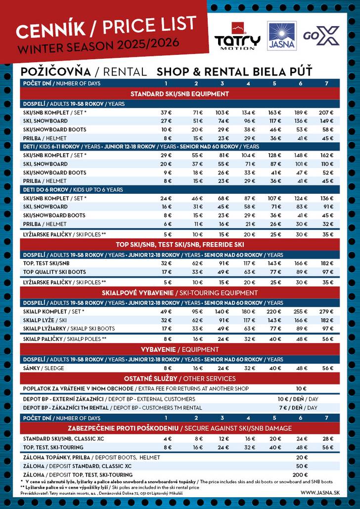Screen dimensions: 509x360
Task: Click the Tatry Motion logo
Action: pyautogui.click(x=237, y=36)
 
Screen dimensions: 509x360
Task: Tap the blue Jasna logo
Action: pyautogui.click(x=281, y=36)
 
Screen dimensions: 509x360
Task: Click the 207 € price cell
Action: pyautogui.click(x=326, y=113)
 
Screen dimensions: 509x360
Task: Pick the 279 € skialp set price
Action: pyautogui.click(x=326, y=311)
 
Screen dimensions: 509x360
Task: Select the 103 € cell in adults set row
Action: pyautogui.click(x=223, y=113)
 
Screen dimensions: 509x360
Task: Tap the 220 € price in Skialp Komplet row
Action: pyautogui.click(x=274, y=311)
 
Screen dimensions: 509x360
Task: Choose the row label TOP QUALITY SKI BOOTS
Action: pyautogui.click(x=54, y=272)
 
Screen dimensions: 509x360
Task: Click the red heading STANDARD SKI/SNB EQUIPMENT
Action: pyautogui.click(x=180, y=94)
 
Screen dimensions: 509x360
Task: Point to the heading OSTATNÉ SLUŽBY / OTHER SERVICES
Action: pyautogui.click(x=180, y=379)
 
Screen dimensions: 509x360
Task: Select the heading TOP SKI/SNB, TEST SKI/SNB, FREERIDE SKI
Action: pyautogui.click(x=180, y=245)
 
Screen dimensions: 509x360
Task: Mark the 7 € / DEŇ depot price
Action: pyautogui.click(x=297, y=408)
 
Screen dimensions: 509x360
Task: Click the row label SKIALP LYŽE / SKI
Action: pyautogui.click(x=45, y=320)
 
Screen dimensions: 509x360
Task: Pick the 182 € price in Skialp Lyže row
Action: pyautogui.click(x=326, y=320)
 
